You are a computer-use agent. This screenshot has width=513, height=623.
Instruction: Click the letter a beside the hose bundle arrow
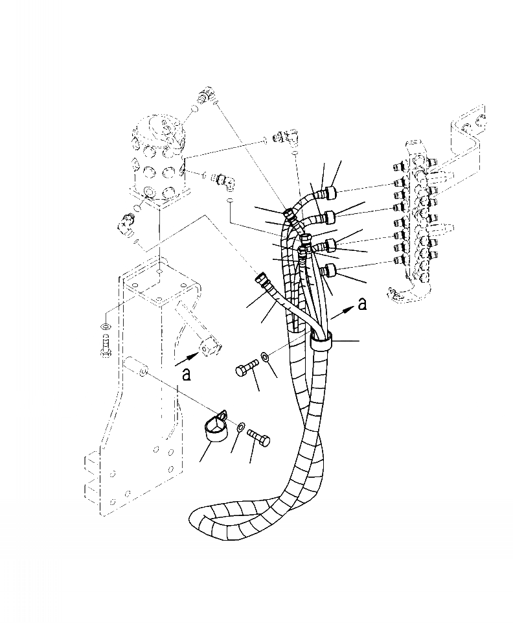coord(362,304)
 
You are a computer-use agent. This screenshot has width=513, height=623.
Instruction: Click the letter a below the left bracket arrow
coord(186,374)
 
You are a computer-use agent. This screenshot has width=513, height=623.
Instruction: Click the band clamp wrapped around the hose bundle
coord(322,340)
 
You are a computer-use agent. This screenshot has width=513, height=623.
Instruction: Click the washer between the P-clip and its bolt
coord(240,427)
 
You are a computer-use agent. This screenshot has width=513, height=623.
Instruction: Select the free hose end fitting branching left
coord(263,281)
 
